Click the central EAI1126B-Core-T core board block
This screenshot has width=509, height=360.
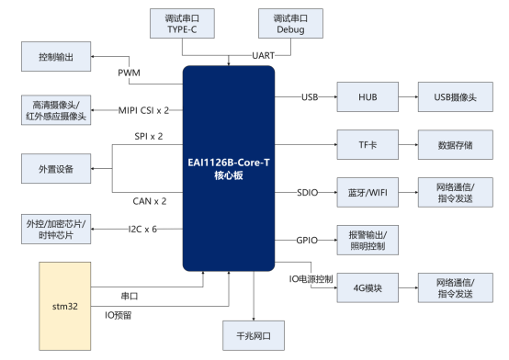tap(228, 167)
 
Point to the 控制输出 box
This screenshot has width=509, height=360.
tap(57, 58)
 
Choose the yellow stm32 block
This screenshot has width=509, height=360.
tap(65, 306)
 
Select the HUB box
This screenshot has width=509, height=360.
tap(364, 96)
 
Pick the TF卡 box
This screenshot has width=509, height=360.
tap(364, 144)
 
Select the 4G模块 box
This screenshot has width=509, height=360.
tap(364, 287)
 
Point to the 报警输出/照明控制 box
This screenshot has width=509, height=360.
tap(364, 240)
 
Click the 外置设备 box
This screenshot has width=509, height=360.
tap(57, 170)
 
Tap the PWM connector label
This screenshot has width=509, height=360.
tap(130, 73)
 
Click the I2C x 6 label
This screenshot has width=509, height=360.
tap(142, 228)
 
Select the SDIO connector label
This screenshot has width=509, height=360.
tap(308, 192)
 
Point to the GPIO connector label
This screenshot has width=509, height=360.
tap(307, 240)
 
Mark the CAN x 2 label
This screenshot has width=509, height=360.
tap(150, 200)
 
